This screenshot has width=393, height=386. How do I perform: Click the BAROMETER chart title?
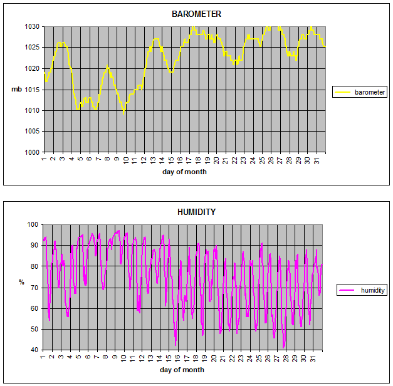(197, 14)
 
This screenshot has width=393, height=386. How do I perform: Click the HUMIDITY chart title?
(197, 212)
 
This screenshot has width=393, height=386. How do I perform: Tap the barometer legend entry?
(360, 92)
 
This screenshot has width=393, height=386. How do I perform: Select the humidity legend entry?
(362, 290)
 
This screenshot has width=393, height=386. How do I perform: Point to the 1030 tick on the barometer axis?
(32, 26)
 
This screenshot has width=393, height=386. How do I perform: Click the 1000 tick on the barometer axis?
(32, 152)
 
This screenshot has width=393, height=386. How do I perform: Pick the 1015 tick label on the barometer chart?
(32, 90)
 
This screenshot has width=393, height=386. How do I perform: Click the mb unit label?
(16, 89)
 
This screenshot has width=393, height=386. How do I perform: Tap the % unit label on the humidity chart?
(21, 282)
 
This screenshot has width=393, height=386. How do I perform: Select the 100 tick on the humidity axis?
(33, 224)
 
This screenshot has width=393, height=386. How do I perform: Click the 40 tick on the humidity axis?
(34, 350)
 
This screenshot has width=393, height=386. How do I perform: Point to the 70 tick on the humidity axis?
(34, 288)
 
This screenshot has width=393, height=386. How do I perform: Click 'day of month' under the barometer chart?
(184, 172)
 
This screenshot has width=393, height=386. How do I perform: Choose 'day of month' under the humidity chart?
(182, 370)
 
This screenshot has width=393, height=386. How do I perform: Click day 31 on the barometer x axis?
(317, 161)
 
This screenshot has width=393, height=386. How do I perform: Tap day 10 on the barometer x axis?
(126, 160)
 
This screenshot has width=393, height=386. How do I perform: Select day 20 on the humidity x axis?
(214, 358)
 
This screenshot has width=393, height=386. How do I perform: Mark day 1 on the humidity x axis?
(43, 357)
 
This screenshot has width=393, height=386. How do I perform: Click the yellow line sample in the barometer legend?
(342, 92)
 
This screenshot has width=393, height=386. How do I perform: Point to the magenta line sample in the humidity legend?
(347, 290)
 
